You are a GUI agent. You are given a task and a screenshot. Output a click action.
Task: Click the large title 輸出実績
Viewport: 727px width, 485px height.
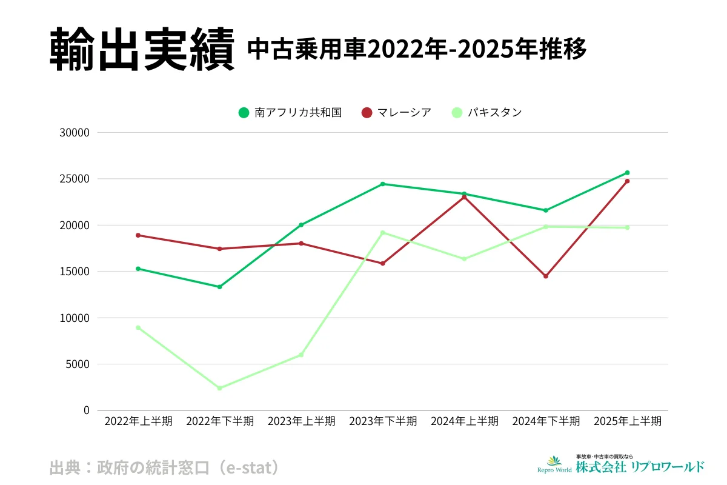pyautogui.click(x=141, y=50)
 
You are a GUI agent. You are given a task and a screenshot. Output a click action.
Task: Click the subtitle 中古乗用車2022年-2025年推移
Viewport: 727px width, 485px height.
pyautogui.click(x=417, y=50)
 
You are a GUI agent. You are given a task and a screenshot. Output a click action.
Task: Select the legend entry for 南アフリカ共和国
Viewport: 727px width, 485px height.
pyautogui.click(x=291, y=112)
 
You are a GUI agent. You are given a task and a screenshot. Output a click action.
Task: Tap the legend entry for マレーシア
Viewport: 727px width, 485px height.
pyautogui.click(x=397, y=112)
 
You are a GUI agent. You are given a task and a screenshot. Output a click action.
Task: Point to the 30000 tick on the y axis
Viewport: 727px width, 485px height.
pyautogui.click(x=76, y=133)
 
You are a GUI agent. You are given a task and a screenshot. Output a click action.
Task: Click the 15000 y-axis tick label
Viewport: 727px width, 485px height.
pyautogui.click(x=76, y=272)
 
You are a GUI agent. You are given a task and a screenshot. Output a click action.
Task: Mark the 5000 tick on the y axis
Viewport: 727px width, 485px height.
pyautogui.click(x=79, y=364)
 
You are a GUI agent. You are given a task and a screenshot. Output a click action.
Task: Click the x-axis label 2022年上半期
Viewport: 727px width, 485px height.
pyautogui.click(x=138, y=421)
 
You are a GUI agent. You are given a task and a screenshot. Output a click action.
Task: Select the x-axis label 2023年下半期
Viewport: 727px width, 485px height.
pyautogui.click(x=383, y=421)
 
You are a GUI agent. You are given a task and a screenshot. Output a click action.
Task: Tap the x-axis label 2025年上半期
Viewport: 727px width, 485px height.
pyautogui.click(x=628, y=421)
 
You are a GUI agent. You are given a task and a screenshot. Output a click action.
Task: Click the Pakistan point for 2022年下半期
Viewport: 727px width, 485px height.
pyautogui.click(x=219, y=388)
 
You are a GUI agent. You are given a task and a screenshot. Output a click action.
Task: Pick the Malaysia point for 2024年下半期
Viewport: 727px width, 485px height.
pyautogui.click(x=546, y=276)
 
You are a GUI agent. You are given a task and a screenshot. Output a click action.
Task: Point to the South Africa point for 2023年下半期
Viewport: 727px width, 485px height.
pyautogui.click(x=383, y=184)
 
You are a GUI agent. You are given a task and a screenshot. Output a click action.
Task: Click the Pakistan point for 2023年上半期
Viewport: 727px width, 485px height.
pyautogui.click(x=301, y=355)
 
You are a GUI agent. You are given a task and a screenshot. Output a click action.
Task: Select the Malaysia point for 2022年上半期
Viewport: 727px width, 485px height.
pyautogui.click(x=138, y=235)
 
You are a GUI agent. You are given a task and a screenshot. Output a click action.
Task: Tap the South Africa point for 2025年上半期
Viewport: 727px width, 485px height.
pyautogui.click(x=628, y=173)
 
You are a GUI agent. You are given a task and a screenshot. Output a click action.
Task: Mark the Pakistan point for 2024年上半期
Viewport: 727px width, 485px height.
pyautogui.click(x=465, y=259)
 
